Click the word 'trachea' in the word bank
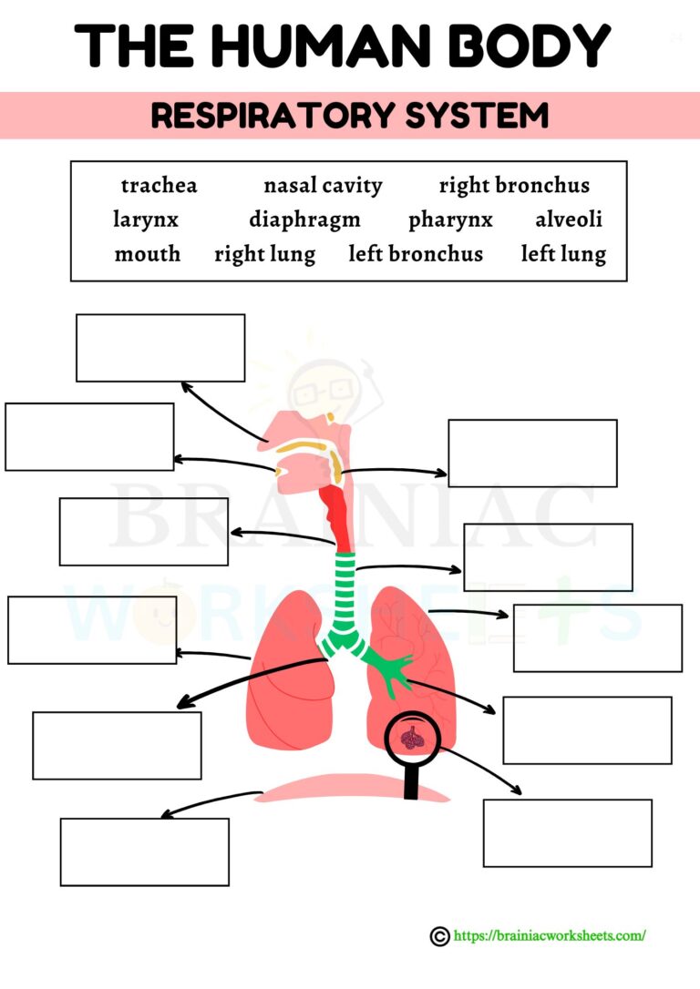point(159,186)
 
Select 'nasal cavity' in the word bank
point(323,186)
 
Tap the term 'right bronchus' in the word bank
point(514,186)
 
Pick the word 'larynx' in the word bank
point(146,220)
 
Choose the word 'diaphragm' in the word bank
point(304,220)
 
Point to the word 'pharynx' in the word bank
point(450,220)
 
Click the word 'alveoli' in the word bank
point(569,220)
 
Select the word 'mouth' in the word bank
point(148,254)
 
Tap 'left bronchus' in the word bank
point(416,254)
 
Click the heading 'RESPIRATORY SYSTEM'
point(350,116)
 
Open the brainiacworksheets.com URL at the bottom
point(550,935)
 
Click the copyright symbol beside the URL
point(439,936)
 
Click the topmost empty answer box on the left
point(160,348)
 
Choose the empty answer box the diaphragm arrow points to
point(144,851)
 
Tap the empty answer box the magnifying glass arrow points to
point(567,832)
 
